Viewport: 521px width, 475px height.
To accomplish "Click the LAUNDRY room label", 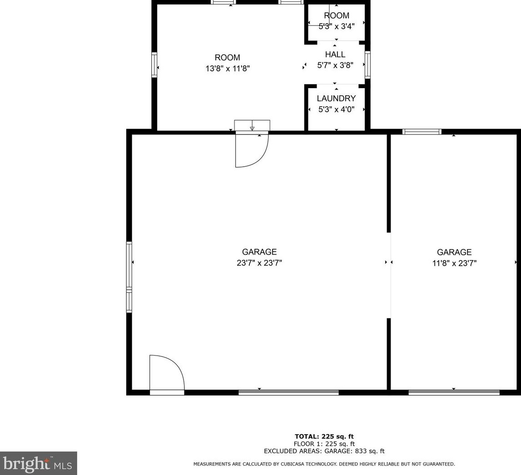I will click(x=336, y=99).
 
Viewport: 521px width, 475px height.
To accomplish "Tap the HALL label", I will click(x=335, y=54).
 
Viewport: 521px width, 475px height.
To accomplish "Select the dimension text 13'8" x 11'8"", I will click(x=227, y=69).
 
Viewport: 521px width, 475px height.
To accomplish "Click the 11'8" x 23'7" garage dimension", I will click(x=454, y=263).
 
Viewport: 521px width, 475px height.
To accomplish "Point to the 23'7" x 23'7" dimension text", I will click(x=259, y=263).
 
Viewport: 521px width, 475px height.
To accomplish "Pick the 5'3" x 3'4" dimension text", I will click(x=336, y=26).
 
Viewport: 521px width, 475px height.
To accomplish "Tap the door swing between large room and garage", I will click(x=251, y=150).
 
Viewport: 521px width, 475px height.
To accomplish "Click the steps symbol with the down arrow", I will click(x=252, y=126).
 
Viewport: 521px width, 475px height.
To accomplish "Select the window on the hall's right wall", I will click(x=367, y=65).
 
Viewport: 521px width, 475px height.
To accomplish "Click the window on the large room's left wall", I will click(x=154, y=65).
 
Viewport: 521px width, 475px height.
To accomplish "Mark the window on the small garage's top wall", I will click(x=422, y=132).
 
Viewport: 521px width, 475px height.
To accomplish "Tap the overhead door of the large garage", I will click(x=288, y=392).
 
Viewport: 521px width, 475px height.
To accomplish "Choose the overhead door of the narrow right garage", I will click(x=454, y=392).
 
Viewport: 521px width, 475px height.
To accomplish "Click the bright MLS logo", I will click(x=38, y=463).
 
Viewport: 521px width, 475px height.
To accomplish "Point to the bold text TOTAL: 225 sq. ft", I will click(x=324, y=436).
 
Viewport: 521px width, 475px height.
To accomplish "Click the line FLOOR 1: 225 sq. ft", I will click(x=324, y=444).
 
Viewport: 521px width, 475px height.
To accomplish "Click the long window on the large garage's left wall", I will click(x=129, y=277).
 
